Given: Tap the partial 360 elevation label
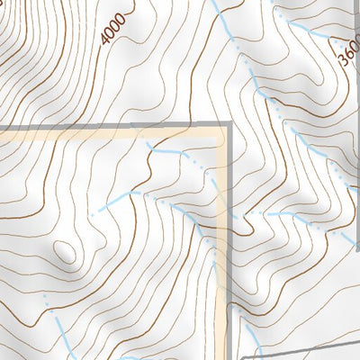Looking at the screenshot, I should click(x=348, y=57).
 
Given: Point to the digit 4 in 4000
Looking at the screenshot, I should click(x=107, y=40).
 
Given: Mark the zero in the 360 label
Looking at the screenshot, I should click(x=351, y=49).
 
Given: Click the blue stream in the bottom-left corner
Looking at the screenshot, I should click(x=61, y=333).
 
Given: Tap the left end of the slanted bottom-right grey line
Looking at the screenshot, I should click(x=241, y=356).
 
